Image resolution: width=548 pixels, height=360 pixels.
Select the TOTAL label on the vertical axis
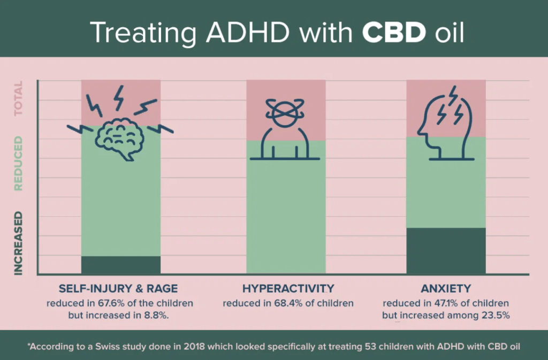pos(19,98)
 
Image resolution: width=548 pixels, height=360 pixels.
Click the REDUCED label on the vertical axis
pos(19,164)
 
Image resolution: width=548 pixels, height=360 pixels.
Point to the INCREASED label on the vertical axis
pos(19,243)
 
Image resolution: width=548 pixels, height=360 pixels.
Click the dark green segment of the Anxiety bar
pos(446,251)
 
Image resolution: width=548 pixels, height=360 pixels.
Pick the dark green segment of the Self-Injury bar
pos(120,265)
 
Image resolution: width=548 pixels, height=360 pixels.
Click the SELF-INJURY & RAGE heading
pos(119,289)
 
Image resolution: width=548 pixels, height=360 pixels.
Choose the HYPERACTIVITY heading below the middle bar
pos(288,289)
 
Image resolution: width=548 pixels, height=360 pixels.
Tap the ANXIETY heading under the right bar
pos(446,289)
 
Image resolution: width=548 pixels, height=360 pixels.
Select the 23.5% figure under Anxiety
pos(493,316)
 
